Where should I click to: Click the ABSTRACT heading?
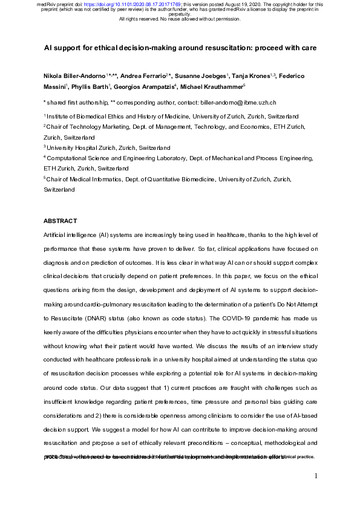click(x=60, y=221)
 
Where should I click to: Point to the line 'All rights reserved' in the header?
click(x=180, y=19)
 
